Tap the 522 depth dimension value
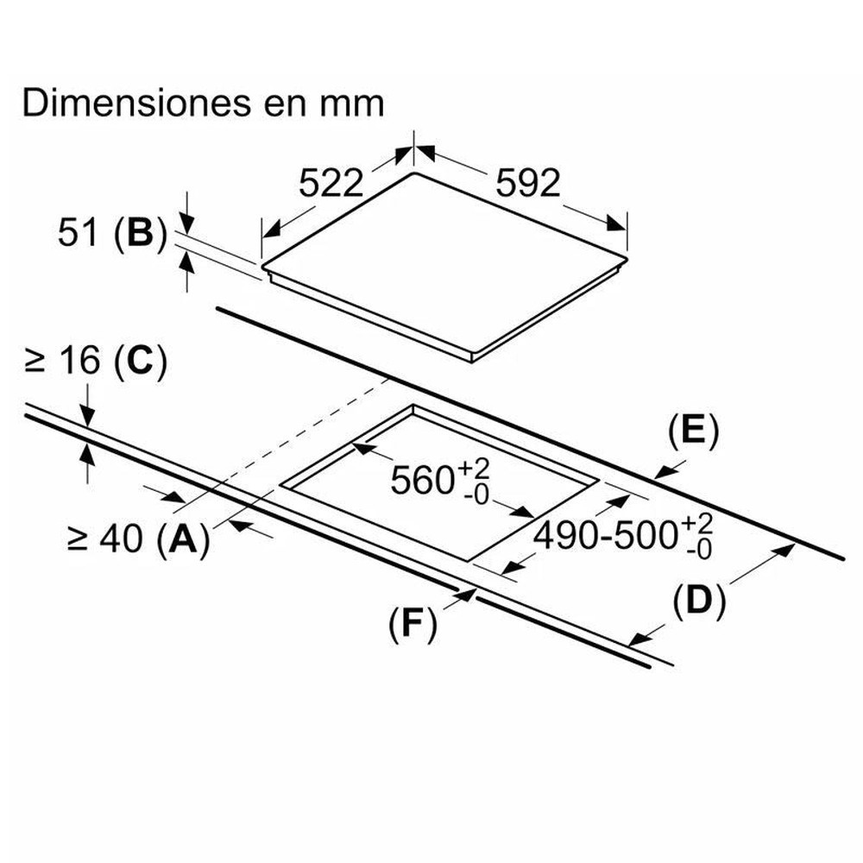pyautogui.click(x=331, y=183)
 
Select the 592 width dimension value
pyautogui.click(x=528, y=183)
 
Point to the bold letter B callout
pyautogui.click(x=140, y=232)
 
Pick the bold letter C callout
pyautogui.click(x=140, y=361)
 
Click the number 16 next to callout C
pyautogui.click(x=79, y=361)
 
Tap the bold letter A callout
pyautogui.click(x=183, y=538)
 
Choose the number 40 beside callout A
pyautogui.click(x=121, y=538)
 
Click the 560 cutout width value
pyautogui.click(x=422, y=480)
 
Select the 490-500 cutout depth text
pyautogui.click(x=606, y=535)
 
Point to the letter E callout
pyautogui.click(x=693, y=431)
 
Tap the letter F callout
pyautogui.click(x=413, y=624)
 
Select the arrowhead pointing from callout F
pyautogui.click(x=467, y=595)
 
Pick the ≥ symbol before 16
pyautogui.click(x=35, y=361)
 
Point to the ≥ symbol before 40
pyautogui.click(x=77, y=538)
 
